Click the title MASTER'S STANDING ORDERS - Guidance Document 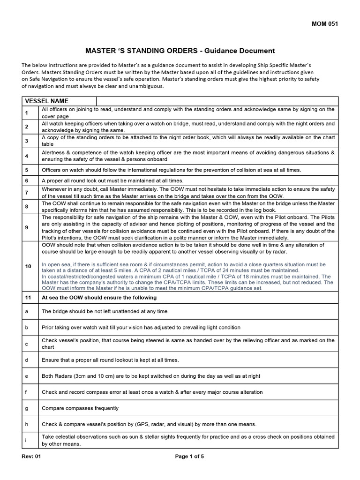point(180,51)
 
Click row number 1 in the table point(27,113)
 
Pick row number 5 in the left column point(27,170)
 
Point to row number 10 point(28,266)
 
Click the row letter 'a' point(26,311)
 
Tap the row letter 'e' point(26,376)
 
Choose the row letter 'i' point(26,440)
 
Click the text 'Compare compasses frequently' point(80,408)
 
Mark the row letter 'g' point(26,408)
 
